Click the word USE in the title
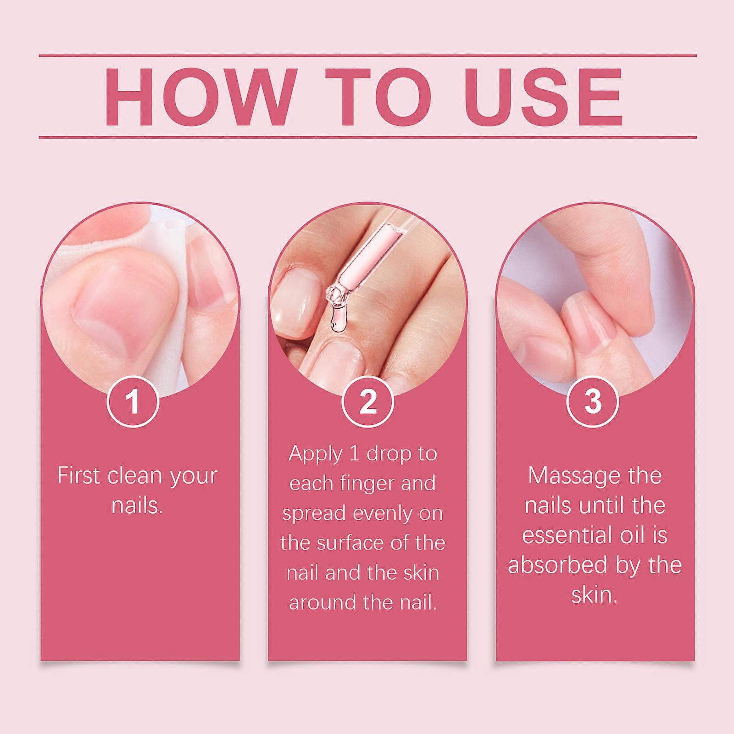(x=543, y=97)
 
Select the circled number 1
(x=133, y=401)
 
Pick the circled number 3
(x=593, y=401)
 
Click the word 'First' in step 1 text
(x=79, y=476)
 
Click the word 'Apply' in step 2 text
(x=316, y=455)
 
